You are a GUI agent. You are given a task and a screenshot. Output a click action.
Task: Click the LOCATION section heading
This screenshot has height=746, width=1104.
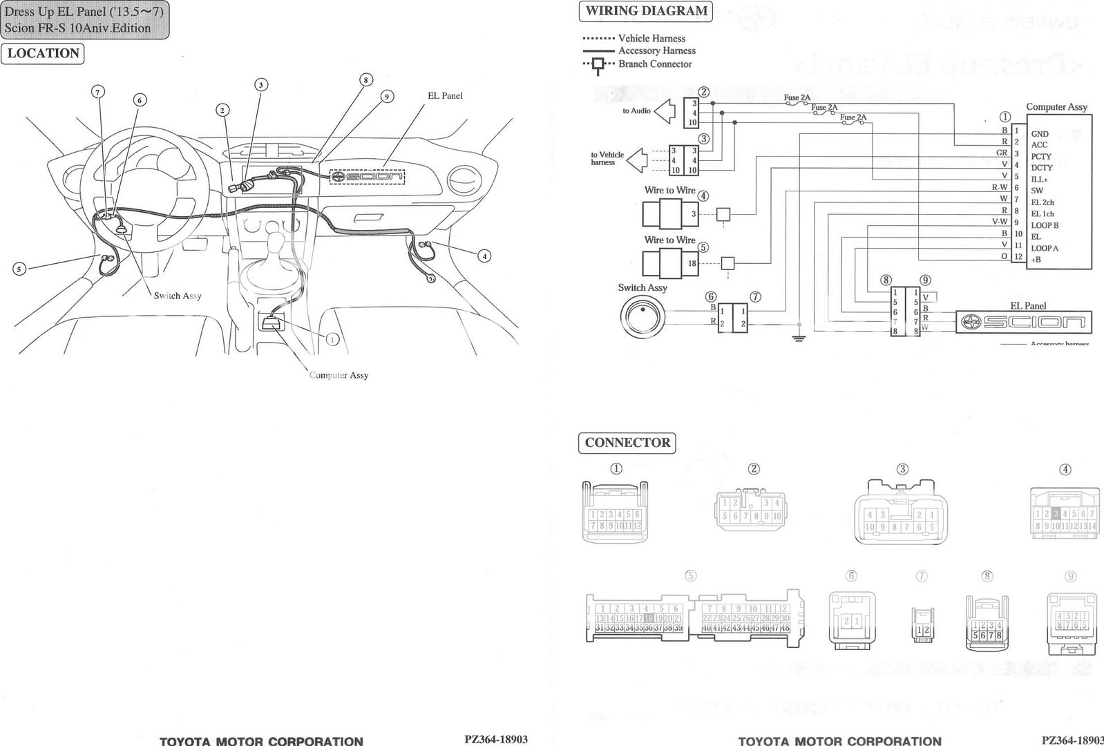tap(43, 53)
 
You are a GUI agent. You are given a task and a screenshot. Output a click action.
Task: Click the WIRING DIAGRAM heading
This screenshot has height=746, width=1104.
tap(646, 11)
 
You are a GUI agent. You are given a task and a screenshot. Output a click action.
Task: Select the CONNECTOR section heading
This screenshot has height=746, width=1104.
tap(627, 443)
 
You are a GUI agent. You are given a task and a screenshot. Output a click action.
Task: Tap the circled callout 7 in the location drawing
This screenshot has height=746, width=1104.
tap(98, 92)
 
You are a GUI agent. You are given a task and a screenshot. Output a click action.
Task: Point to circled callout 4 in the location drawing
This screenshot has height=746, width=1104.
tap(485, 256)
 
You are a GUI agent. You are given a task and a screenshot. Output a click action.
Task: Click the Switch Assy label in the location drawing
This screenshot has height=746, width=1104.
tap(178, 296)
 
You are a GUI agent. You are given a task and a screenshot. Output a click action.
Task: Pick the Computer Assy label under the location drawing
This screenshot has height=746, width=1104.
tap(339, 375)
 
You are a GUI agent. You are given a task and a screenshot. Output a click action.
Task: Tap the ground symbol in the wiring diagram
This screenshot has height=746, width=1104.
tap(799, 338)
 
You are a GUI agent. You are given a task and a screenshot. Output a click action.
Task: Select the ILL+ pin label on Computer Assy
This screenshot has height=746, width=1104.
tap(1039, 180)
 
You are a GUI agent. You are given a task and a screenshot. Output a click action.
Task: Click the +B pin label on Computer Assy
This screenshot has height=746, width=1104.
tap(1036, 260)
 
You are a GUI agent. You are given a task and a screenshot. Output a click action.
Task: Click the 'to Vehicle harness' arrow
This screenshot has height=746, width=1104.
tap(636, 160)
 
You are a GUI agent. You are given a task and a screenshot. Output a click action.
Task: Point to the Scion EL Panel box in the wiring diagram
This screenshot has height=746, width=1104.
tap(1024, 322)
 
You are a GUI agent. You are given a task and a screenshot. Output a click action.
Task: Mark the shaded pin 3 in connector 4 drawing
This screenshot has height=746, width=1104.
tap(1056, 514)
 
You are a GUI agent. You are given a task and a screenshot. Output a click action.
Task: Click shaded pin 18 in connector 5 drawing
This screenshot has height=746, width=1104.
tap(648, 618)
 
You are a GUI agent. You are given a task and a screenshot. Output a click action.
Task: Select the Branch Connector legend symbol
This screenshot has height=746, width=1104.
tap(598, 64)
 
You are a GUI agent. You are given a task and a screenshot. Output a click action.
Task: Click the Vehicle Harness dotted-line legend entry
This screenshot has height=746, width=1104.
tap(598, 39)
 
